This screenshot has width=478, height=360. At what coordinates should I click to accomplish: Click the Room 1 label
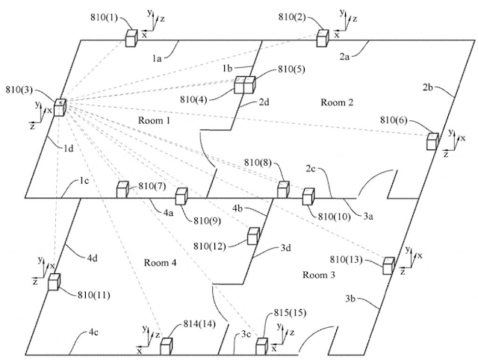pos(155,120)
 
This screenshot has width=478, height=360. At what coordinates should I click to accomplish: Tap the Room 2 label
pos(337,102)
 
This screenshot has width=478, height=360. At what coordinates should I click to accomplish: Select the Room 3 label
pos(319,275)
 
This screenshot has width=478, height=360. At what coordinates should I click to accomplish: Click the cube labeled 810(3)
pos(58,108)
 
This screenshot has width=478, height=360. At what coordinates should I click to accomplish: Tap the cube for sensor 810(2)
pos(323,37)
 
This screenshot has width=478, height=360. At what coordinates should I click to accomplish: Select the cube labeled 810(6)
pos(432,141)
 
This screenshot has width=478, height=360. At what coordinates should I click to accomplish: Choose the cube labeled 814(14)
pos(166,346)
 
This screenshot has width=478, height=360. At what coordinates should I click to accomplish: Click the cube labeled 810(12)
pos(254,237)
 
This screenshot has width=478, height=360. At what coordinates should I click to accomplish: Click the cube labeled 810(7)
pos(122,190)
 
